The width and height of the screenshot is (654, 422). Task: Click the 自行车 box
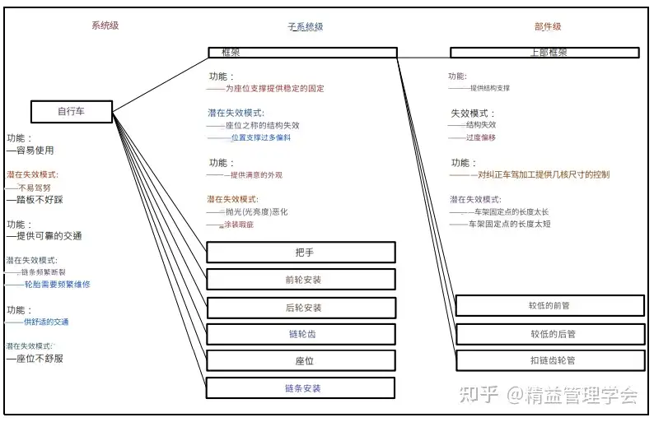(71, 111)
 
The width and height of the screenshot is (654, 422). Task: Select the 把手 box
(301, 252)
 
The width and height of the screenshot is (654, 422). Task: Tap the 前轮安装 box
(301, 279)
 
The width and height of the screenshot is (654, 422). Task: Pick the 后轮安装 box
(301, 308)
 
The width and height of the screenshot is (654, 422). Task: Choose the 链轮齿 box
(301, 334)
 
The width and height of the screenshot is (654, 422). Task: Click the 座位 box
(301, 361)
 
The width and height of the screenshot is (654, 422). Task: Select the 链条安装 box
(301, 388)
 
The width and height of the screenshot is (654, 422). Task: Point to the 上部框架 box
(544, 53)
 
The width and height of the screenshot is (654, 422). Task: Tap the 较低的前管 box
(549, 306)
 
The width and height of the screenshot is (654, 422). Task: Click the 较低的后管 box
(549, 334)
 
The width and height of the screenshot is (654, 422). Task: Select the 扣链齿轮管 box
(549, 360)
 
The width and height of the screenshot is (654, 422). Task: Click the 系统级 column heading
(105, 26)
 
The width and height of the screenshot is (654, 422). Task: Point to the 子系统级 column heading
(305, 26)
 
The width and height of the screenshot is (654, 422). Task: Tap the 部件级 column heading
(547, 26)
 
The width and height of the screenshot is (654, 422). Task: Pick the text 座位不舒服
(38, 359)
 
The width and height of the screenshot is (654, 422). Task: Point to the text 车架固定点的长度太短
(509, 224)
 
